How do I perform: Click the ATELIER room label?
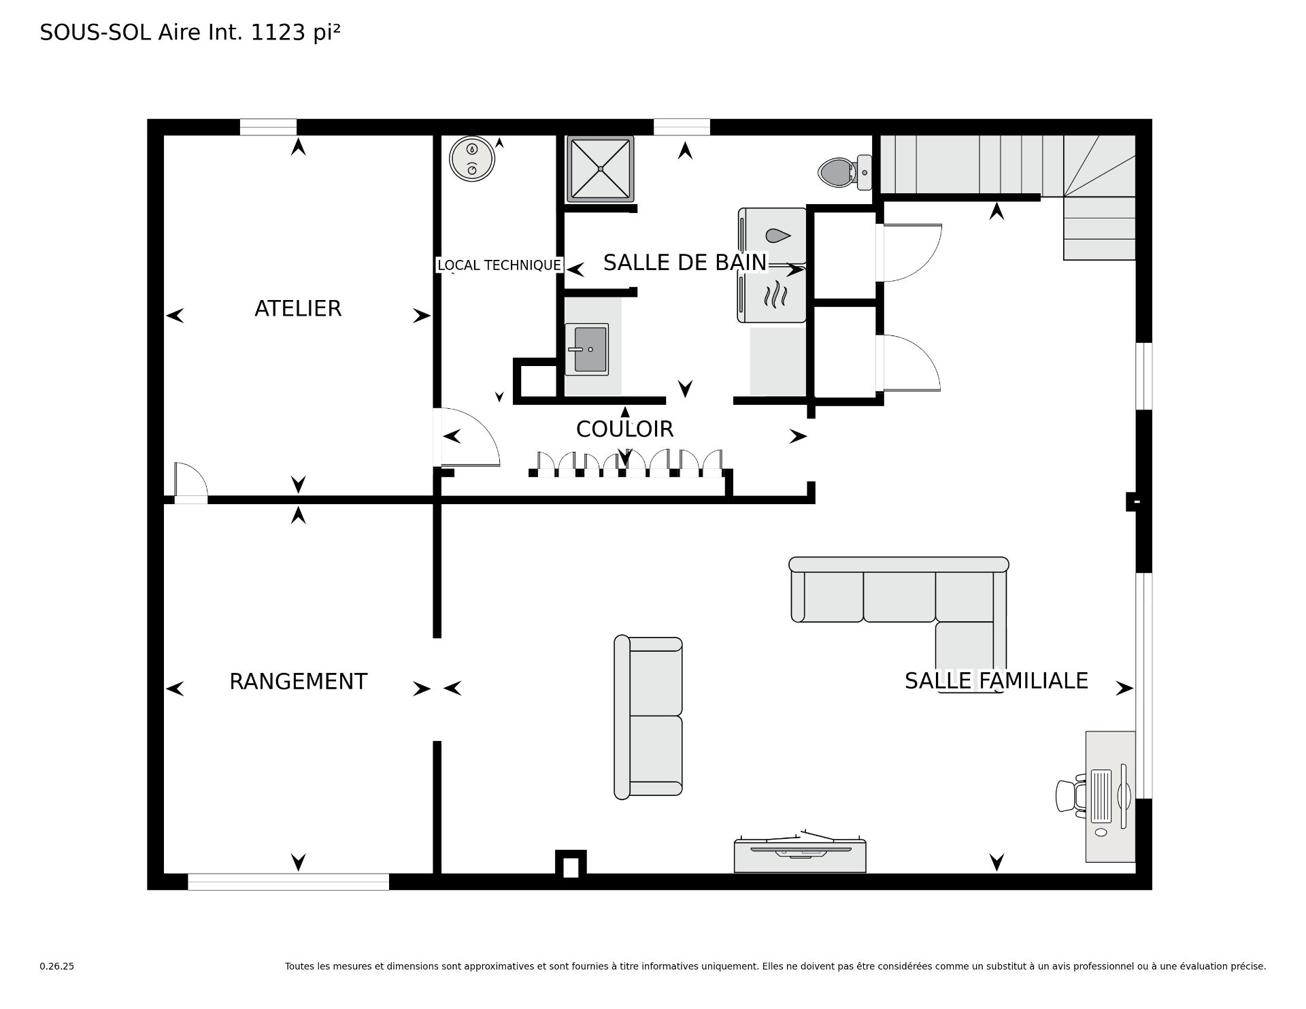298,308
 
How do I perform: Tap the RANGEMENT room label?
298,681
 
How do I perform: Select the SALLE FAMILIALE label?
996,680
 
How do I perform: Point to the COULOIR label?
624,429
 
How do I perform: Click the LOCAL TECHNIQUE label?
499,265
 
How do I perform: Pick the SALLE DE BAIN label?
685,263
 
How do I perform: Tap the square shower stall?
600,169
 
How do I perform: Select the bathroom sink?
586,349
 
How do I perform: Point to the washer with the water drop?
773,235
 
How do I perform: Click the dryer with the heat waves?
773,294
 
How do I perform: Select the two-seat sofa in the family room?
648,718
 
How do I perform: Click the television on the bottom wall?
800,854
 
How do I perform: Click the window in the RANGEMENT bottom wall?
288,882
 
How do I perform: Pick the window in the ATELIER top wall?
268,127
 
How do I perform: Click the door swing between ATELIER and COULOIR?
470,437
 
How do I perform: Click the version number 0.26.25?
57,966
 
